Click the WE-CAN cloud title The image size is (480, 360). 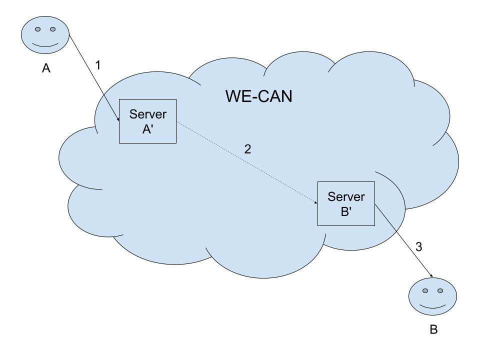pos(258,95)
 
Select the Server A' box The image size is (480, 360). pos(147,121)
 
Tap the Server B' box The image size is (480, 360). pos(346,203)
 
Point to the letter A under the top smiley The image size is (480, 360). pos(46,68)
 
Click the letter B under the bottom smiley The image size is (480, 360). pos(433,330)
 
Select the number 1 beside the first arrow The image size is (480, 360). pos(98,65)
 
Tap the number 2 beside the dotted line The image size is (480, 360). pos(247,149)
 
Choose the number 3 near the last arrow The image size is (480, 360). pos(419,246)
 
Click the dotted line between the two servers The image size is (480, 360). pos(247,162)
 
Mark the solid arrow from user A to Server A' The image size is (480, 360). pos(94,78)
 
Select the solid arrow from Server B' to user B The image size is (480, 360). pos(403,240)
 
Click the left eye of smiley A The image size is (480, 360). pos(37,29)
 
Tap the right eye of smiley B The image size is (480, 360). pos(440,290)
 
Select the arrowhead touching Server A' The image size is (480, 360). pos(118,119)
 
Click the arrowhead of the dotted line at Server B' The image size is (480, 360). pos(316,202)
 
